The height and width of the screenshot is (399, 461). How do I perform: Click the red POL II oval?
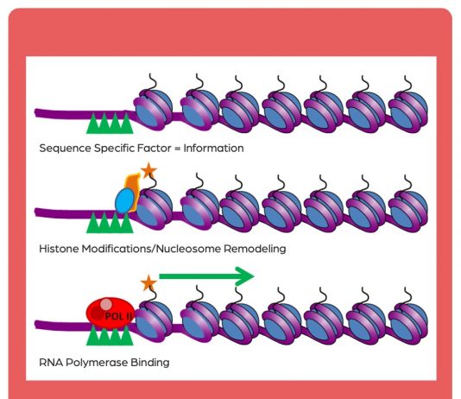point(111,313)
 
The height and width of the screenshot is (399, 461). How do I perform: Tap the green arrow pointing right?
point(206,276)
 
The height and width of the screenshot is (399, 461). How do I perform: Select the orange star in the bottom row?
point(148,283)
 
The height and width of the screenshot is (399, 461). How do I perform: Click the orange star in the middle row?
point(148,170)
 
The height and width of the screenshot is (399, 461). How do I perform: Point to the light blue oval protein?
point(125,201)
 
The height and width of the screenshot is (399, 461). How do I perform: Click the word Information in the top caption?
point(214,149)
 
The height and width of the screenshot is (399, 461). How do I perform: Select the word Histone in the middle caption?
point(59,249)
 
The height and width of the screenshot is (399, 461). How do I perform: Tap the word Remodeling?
point(255,249)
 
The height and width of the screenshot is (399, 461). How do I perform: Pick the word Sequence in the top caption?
point(66,149)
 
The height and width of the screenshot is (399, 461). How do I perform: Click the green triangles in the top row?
point(110,123)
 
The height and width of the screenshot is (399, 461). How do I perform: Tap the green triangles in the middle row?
point(110,223)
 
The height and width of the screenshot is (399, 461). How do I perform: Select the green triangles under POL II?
point(110,334)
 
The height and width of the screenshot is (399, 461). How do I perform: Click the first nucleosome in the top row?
point(153,110)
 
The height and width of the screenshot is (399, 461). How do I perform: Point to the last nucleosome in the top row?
point(408,111)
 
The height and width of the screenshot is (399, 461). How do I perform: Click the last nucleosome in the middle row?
point(408,211)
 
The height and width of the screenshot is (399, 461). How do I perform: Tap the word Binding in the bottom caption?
point(150,363)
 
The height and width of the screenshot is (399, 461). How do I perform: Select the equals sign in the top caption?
point(177,149)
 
